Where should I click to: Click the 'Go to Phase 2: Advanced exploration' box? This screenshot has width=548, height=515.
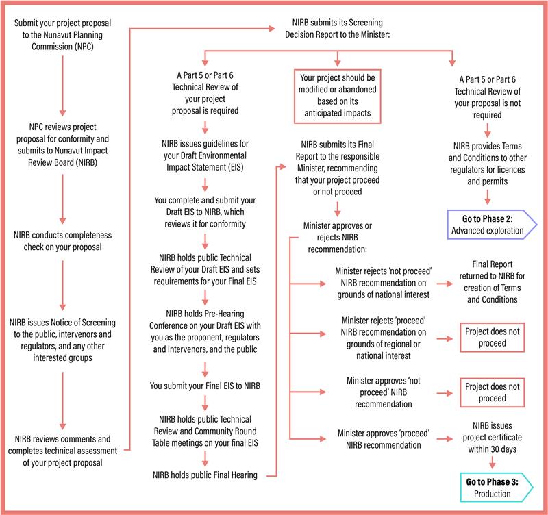click(492, 225)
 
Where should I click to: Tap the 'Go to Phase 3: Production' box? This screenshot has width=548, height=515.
click(496, 488)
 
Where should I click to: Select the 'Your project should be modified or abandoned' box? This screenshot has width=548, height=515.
click(337, 96)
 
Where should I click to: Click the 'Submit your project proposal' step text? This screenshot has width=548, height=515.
click(62, 35)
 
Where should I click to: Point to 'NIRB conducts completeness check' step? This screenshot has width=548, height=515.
click(62, 241)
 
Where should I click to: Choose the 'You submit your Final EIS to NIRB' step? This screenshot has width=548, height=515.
click(205, 386)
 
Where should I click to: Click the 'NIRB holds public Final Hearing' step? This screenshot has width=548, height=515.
click(205, 475)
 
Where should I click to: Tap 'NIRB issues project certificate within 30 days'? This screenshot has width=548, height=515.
click(492, 437)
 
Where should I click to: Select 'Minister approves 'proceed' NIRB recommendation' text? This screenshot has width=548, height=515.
click(384, 439)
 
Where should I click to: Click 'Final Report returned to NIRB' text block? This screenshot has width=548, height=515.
click(492, 281)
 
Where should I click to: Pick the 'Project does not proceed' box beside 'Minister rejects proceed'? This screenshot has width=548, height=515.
click(492, 337)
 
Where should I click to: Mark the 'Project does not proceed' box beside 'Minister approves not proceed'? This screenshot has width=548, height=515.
click(492, 392)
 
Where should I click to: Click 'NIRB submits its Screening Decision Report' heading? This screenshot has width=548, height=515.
click(337, 28)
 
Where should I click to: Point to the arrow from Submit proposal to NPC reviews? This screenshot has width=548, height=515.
click(62, 86)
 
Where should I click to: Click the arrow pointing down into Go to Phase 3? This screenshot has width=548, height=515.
click(492, 462)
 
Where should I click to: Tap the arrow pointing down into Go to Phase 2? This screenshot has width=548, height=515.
click(488, 197)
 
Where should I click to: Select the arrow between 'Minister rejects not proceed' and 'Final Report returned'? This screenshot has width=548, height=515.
click(445, 284)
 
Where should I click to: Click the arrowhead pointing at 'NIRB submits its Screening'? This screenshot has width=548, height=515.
click(272, 29)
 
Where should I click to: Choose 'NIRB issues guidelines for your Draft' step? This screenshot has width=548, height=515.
click(205, 155)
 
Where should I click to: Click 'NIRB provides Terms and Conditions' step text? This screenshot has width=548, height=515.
click(488, 164)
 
